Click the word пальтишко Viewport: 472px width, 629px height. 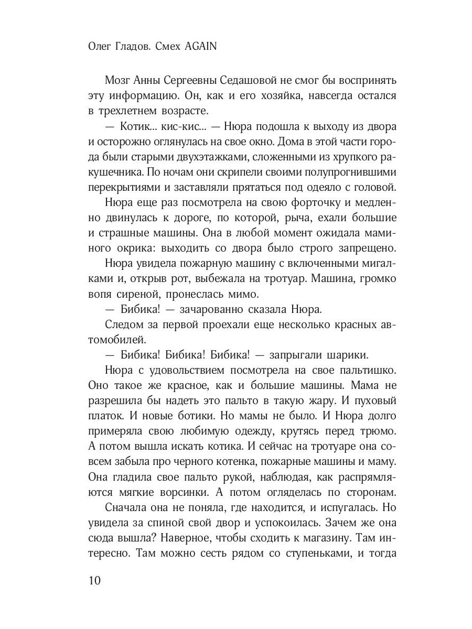364,370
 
